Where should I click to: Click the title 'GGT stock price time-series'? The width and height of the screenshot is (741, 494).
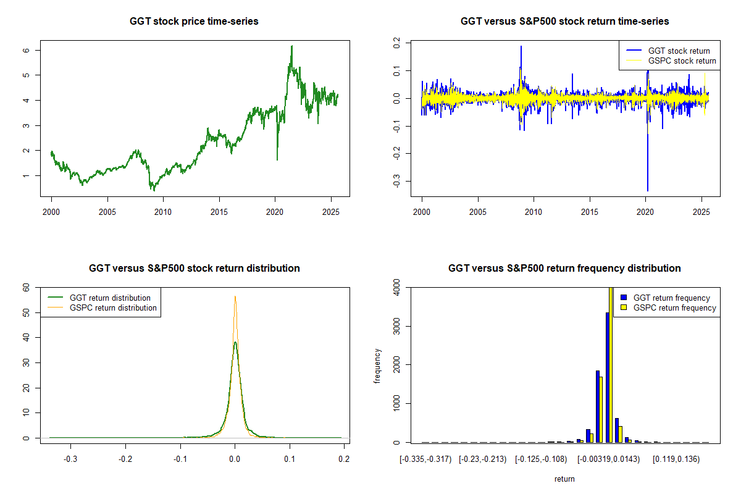coord(194,22)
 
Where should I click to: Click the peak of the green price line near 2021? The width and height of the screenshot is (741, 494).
coord(292,46)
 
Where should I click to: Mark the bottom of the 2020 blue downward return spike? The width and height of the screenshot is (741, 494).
coord(648,190)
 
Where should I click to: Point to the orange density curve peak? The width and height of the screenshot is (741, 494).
coord(235,296)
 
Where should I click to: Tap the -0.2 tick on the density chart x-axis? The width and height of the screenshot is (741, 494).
coord(125,459)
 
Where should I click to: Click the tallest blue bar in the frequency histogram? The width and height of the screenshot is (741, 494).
coord(608,377)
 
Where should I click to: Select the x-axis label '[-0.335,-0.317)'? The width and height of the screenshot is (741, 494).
coord(425,459)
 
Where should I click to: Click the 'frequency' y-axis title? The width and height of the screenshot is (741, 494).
coord(377,366)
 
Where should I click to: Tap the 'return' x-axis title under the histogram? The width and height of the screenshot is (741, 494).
coord(564,479)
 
